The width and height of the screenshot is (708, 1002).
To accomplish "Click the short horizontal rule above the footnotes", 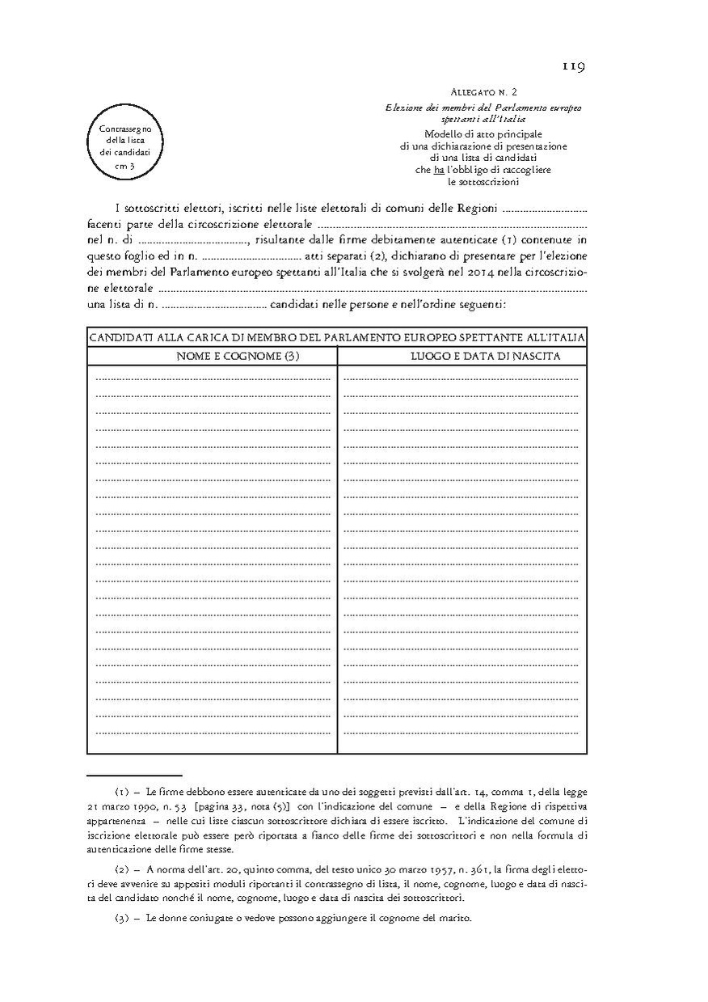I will [134, 775].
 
